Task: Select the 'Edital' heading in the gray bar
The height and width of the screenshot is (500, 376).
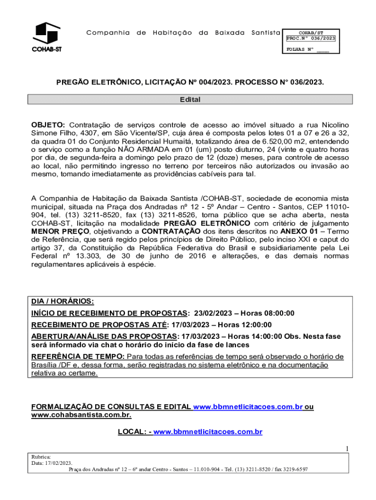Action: [190, 100]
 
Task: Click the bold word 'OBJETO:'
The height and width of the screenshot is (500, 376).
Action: [48, 125]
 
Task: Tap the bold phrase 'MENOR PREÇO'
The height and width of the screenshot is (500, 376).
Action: [60, 231]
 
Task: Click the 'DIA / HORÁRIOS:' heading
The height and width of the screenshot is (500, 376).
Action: [63, 301]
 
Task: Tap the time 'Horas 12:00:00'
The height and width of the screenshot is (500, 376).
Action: [245, 325]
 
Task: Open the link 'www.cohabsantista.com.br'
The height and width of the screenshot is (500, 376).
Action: [81, 415]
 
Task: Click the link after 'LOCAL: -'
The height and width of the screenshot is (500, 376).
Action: [208, 432]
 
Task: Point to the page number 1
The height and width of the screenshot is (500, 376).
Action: [347, 449]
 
